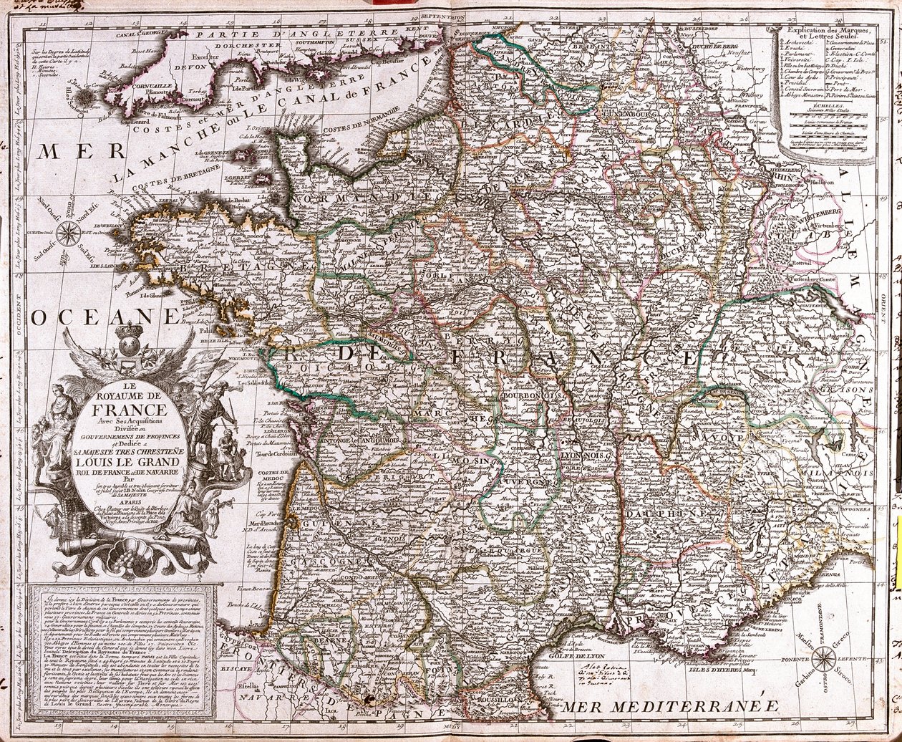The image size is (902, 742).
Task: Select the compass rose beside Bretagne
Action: click(x=69, y=231)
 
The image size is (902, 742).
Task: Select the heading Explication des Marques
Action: click(x=825, y=31)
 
